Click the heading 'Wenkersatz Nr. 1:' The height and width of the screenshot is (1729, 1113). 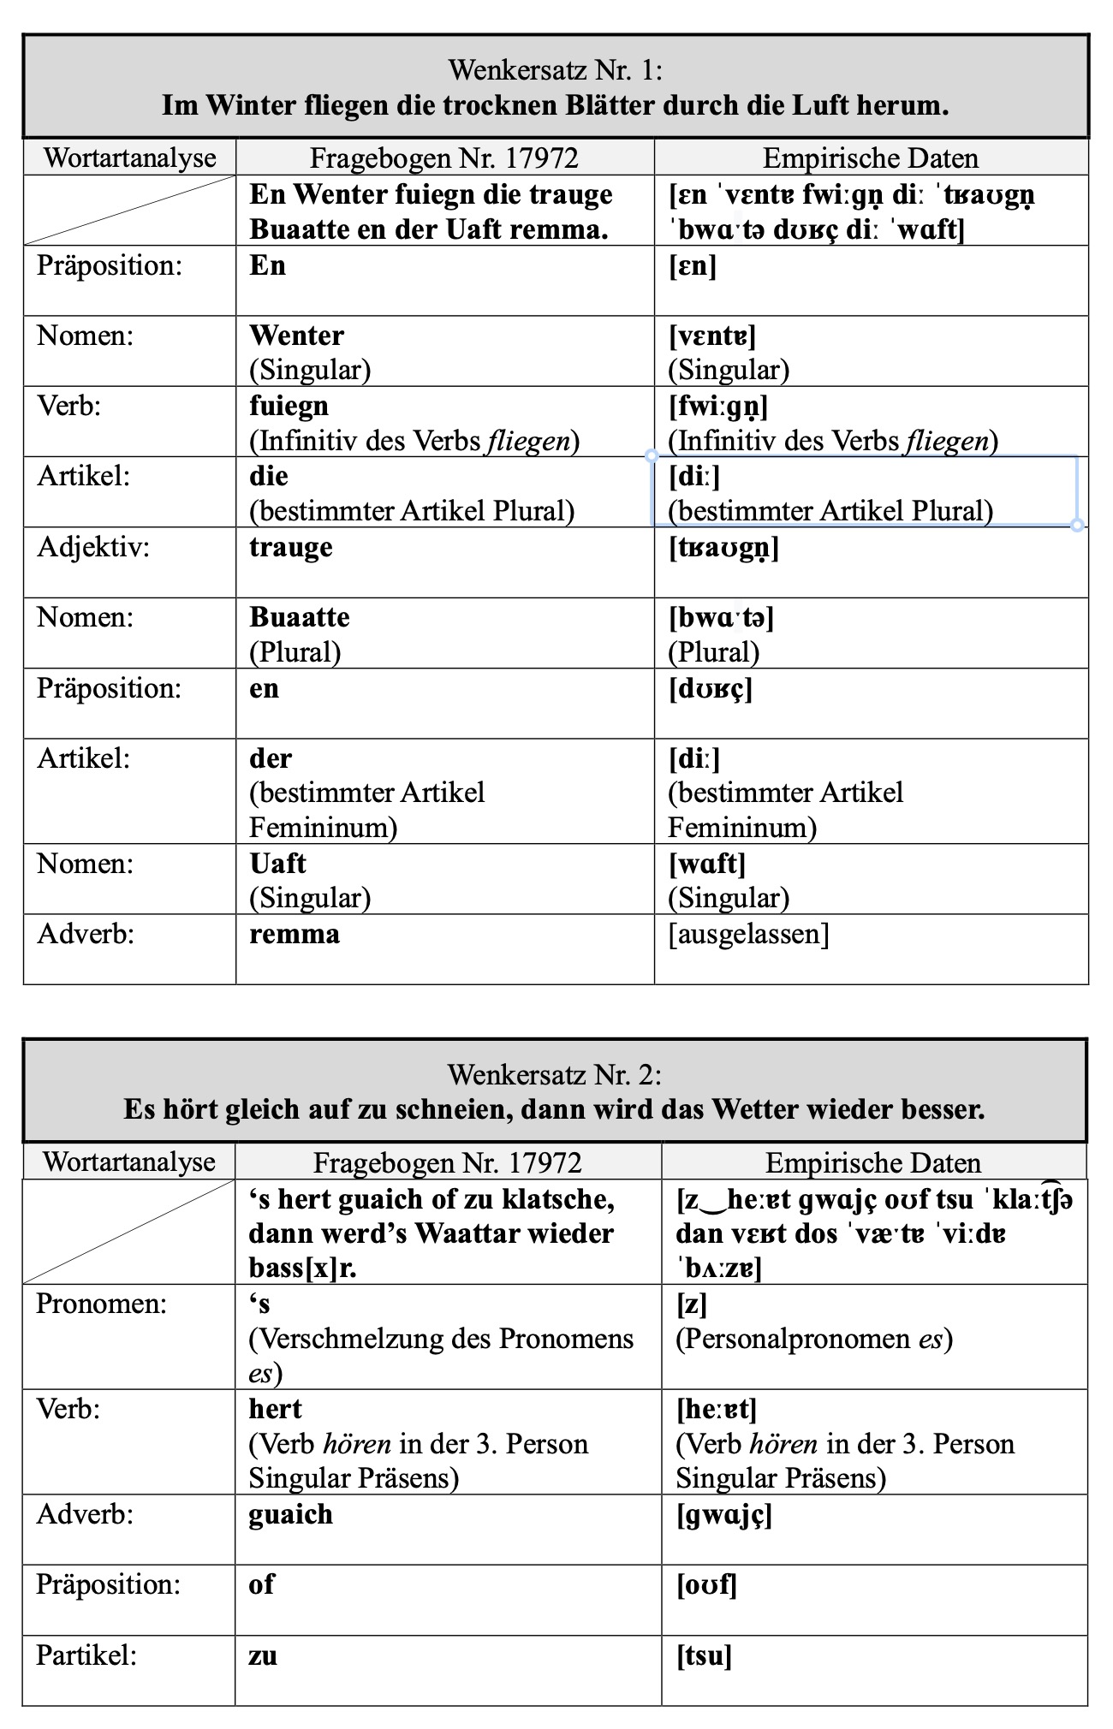pos(555,69)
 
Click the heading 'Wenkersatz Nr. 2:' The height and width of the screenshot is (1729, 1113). pos(555,1073)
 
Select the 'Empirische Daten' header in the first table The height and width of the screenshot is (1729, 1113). pos(870,158)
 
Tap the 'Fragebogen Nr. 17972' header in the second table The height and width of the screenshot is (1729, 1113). pos(447,1162)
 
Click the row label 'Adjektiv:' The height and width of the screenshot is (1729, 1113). pos(92,547)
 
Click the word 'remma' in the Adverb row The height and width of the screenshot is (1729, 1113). pos(295,934)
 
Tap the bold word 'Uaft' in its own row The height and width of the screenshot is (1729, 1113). pos(278,864)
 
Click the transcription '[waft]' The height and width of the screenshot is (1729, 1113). pos(706,864)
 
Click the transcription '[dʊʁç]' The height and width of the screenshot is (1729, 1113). pos(710,688)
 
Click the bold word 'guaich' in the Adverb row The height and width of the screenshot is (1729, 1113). pos(290,1514)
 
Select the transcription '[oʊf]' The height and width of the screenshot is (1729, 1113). pos(706,1585)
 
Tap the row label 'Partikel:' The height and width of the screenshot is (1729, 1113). pos(86,1655)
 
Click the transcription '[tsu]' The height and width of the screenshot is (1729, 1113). pos(704,1656)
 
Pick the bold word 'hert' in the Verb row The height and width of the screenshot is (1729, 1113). pos(276,1409)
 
